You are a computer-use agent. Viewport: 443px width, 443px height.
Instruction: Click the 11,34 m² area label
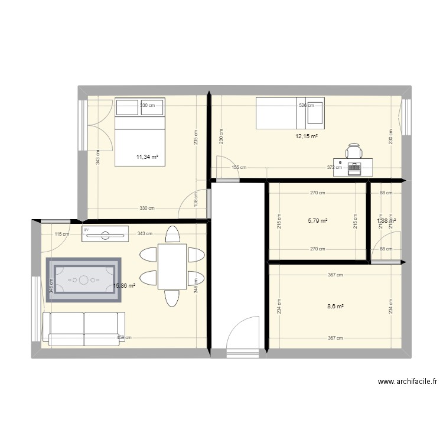click(147, 157)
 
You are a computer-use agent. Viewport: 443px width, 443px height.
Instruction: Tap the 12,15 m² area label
click(307, 136)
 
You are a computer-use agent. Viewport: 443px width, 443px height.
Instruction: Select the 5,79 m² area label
click(317, 221)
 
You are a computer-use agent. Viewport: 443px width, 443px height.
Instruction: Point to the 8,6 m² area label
click(335, 306)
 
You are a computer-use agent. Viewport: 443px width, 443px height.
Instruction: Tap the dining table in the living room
click(172, 266)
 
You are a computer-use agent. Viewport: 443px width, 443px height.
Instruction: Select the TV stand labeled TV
click(106, 234)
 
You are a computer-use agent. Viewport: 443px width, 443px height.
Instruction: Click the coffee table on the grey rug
click(84, 279)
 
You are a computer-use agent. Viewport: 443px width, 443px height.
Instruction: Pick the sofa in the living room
click(84, 328)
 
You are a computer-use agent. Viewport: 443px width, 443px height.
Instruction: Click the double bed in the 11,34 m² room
click(140, 140)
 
